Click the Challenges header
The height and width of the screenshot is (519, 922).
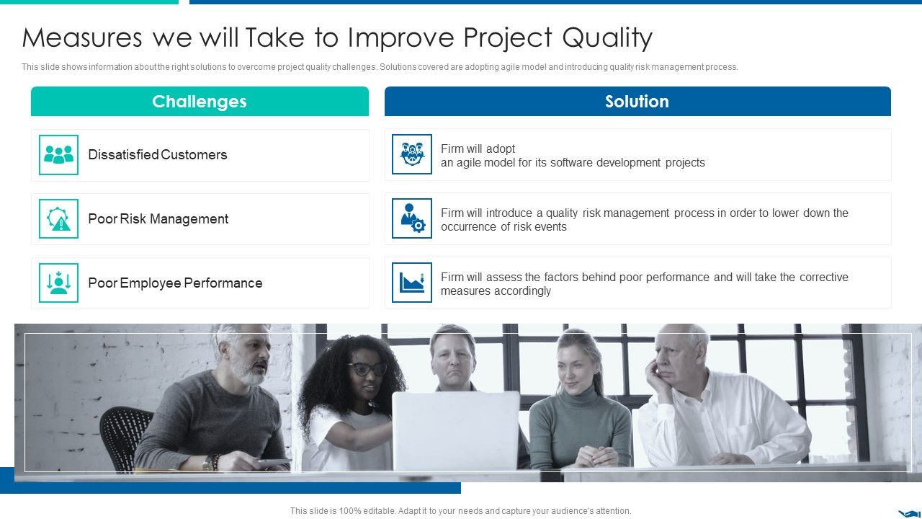200,102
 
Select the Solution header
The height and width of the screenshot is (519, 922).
637,102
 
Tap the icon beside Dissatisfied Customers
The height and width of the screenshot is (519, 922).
58,154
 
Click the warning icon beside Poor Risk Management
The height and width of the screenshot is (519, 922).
58,219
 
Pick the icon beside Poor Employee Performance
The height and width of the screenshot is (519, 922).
58,283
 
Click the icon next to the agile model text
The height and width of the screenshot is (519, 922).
412,154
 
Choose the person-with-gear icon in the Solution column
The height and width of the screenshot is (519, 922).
412,218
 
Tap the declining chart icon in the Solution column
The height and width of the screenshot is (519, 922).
412,283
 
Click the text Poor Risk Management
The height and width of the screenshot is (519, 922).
158,219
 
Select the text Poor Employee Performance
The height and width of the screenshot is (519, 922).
175,283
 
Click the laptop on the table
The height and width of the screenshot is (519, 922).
455,430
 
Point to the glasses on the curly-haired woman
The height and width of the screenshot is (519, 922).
368,369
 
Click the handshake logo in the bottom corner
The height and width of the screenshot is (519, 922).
908,513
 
